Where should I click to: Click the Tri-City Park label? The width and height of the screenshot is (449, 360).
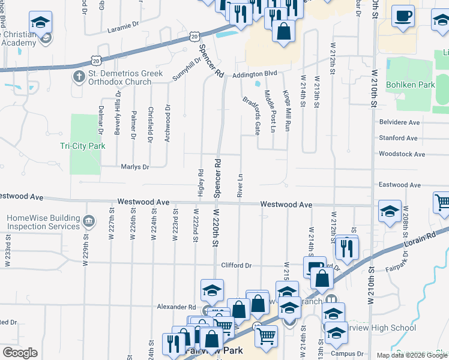(83, 146)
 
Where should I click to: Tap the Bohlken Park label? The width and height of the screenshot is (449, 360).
(411, 85)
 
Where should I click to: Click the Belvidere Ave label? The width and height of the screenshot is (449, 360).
(399, 122)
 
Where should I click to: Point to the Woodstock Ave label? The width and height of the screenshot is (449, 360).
(402, 154)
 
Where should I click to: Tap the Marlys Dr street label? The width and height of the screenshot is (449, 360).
(134, 167)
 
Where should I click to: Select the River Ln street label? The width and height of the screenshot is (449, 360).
(240, 186)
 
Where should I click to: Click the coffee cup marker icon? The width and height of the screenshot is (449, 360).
(403, 16)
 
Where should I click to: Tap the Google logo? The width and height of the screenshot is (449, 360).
(20, 353)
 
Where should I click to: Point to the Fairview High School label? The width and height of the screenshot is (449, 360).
(387, 328)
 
